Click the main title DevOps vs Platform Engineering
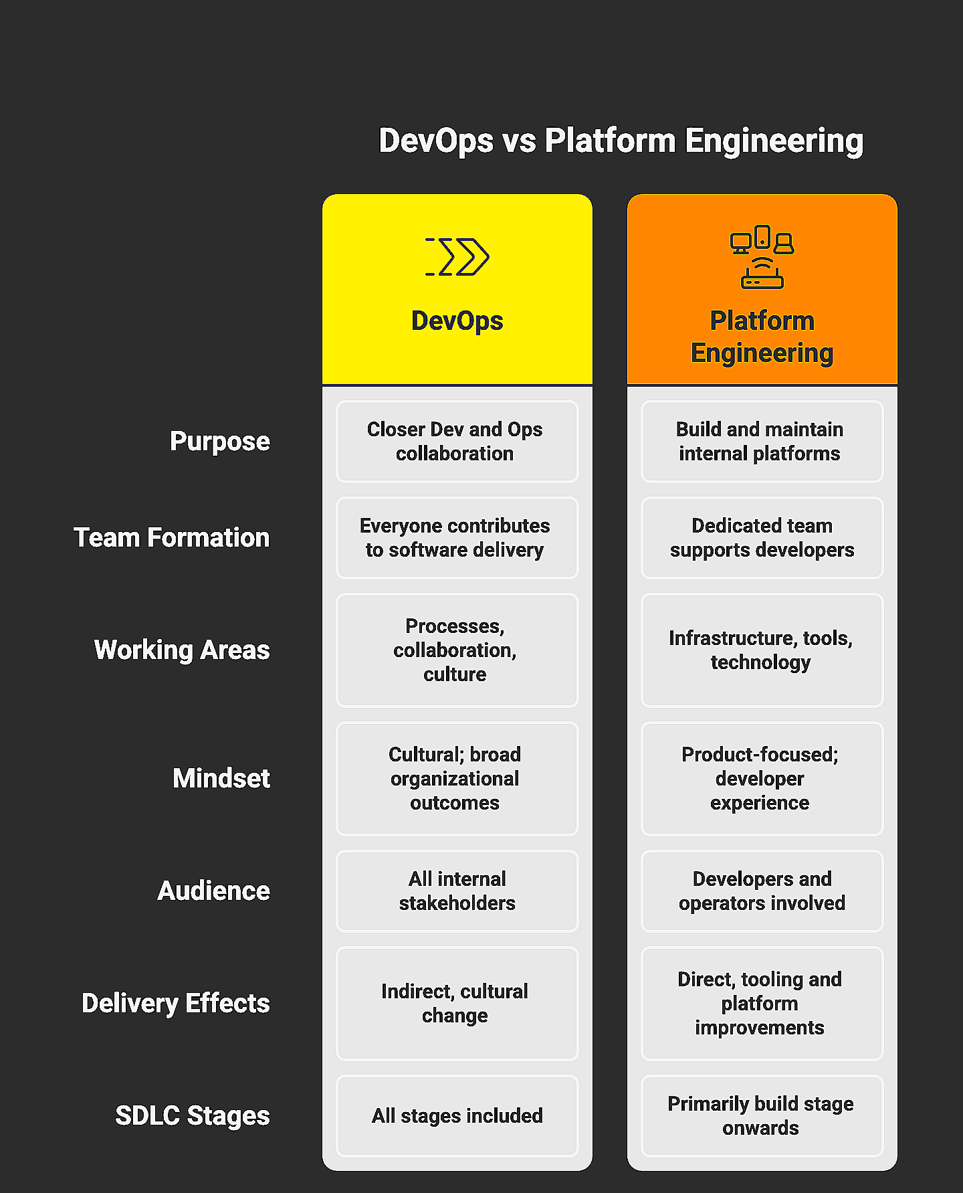[621, 141]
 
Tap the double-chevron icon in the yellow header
[457, 256]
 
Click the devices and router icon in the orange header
[762, 257]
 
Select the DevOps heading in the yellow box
[457, 320]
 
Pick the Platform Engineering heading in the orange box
[762, 337]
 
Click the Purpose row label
[220, 442]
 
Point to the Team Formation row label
[172, 538]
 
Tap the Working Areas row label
[182, 650]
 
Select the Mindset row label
[221, 779]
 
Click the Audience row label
[214, 891]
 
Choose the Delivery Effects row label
[176, 1004]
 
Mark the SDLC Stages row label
[193, 1116]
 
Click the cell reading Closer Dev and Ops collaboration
[457, 442]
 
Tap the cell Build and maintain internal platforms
[762, 442]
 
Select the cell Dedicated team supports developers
[762, 538]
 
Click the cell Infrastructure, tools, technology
[762, 650]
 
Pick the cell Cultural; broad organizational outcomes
[457, 779]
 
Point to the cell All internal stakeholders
[457, 891]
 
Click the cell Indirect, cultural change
[457, 1004]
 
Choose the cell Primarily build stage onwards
[762, 1116]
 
